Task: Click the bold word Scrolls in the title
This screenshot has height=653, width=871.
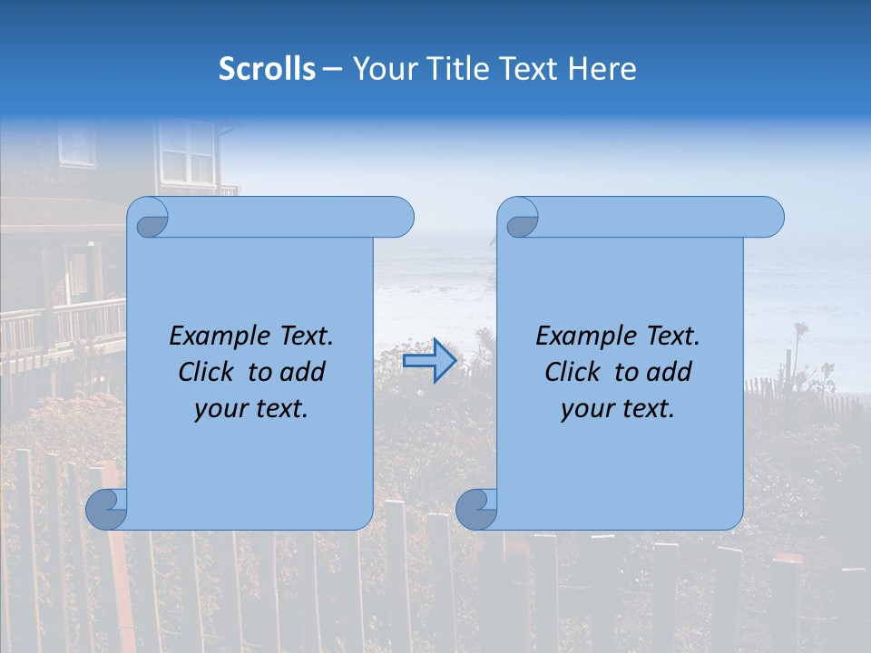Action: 267,69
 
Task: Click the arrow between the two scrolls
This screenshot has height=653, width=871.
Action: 429,360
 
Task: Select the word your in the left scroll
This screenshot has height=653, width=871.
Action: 219,409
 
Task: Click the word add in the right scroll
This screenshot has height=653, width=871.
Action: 668,372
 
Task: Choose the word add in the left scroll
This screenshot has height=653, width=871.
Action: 301,372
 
